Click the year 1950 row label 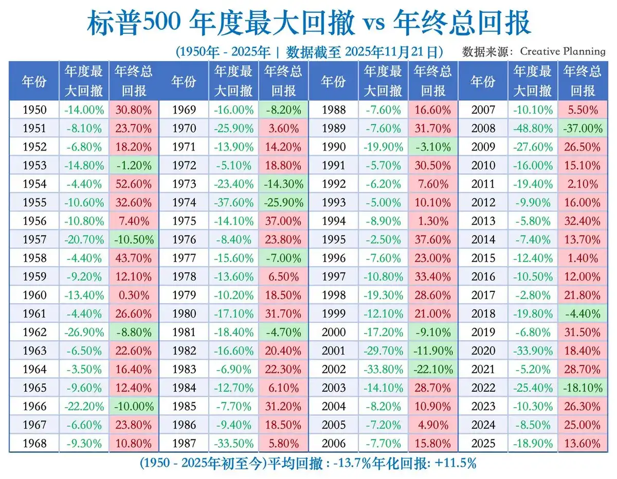pyautogui.click(x=34, y=110)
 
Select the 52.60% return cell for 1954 pyautogui.click(x=134, y=184)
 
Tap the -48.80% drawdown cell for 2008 pyautogui.click(x=532, y=128)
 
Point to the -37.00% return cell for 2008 pyautogui.click(x=582, y=128)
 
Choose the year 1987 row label pyautogui.click(x=184, y=444)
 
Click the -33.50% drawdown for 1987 pyautogui.click(x=234, y=444)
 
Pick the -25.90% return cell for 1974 pyautogui.click(x=283, y=202)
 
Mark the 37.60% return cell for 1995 pyautogui.click(x=433, y=239)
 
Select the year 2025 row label pyautogui.click(x=483, y=444)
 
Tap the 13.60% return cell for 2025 pyautogui.click(x=582, y=444)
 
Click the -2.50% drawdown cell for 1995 pyautogui.click(x=383, y=239)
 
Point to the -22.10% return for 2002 pyautogui.click(x=433, y=370)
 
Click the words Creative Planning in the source pyautogui.click(x=562, y=51)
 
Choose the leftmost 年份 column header pyautogui.click(x=34, y=82)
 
